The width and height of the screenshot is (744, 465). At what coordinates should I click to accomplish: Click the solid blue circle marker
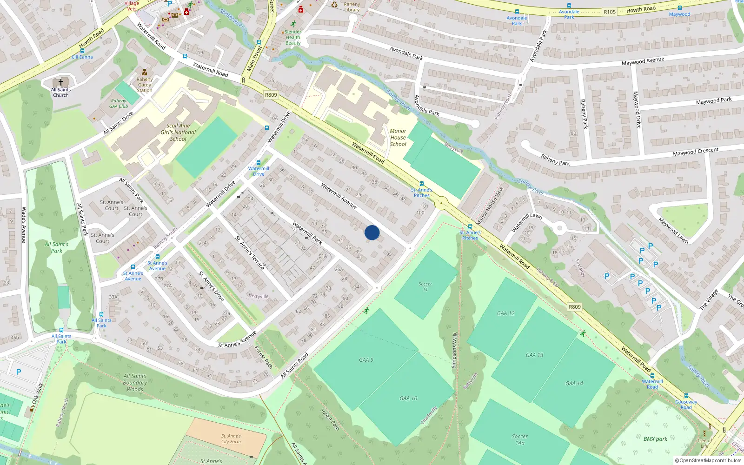tap(372, 232)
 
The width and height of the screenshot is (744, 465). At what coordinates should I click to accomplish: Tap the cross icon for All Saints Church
tap(60, 82)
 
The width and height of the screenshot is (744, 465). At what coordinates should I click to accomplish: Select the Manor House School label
tap(398, 138)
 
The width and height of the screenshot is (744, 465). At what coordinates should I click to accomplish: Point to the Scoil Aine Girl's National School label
tap(178, 132)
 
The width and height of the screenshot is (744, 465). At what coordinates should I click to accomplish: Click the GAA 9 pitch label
tap(366, 359)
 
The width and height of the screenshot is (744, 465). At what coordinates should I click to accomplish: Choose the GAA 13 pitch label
tap(534, 355)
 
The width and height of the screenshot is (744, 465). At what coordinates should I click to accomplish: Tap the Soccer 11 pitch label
tap(425, 286)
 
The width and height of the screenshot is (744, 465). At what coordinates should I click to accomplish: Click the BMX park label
tap(655, 438)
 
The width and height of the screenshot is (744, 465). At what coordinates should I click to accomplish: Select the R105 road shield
tap(610, 12)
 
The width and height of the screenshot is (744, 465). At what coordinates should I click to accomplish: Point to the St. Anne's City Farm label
tap(231, 439)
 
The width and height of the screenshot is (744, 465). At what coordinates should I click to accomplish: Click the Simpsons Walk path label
tap(454, 350)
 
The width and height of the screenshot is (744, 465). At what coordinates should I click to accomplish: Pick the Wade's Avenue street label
tap(24, 225)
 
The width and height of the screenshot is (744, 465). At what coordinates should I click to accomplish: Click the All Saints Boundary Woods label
tap(135, 383)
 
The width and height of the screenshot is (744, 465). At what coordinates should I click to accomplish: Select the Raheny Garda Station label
tap(145, 85)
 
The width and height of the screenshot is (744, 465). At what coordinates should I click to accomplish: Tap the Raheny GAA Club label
tap(119, 103)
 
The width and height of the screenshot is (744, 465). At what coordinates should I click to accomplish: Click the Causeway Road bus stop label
tap(686, 405)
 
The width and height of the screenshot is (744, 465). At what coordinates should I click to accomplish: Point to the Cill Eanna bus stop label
tap(82, 57)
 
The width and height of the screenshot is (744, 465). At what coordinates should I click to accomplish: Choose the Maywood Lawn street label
tap(673, 230)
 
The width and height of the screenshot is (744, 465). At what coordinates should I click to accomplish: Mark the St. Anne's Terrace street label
tap(250, 253)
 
